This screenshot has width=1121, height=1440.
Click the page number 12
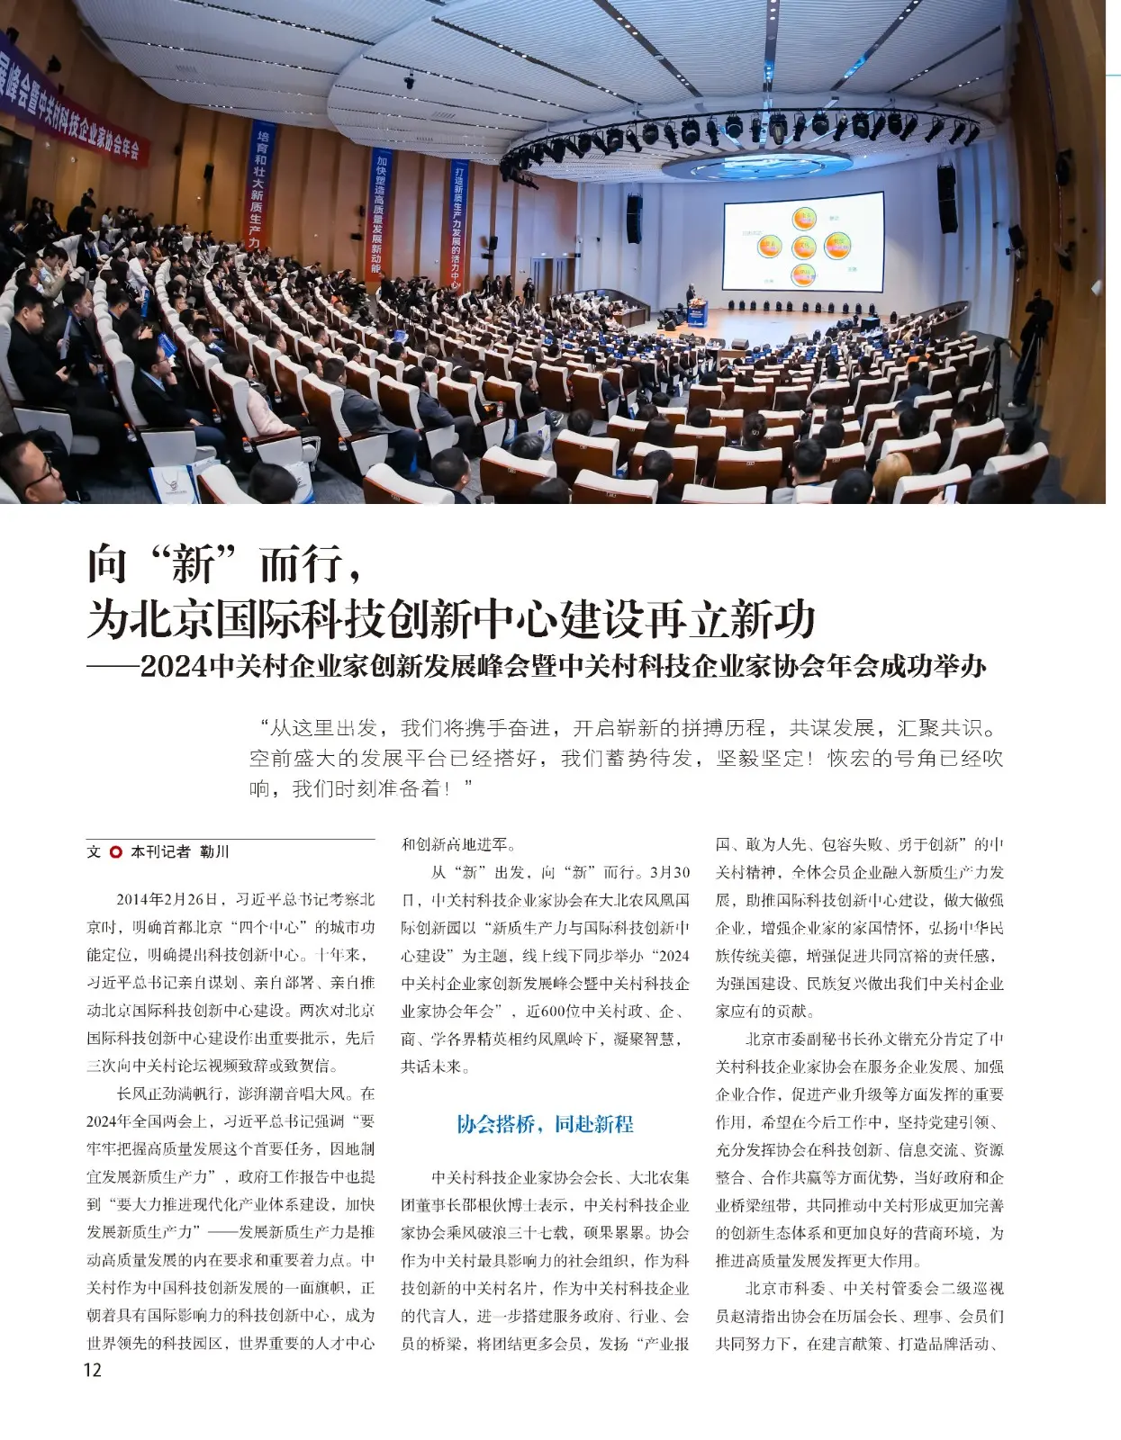coord(92,1370)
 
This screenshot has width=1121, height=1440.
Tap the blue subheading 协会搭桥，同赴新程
coord(545,1124)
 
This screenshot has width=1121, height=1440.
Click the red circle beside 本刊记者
coord(115,851)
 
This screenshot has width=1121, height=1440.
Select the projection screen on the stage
coord(803,241)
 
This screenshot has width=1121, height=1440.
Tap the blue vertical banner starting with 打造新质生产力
coord(458,225)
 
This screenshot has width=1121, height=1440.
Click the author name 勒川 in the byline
coord(214,851)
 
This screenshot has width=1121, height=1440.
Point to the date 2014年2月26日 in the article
coord(167,899)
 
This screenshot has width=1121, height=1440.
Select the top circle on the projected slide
coord(803,217)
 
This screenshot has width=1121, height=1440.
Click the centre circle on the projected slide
coord(803,246)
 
